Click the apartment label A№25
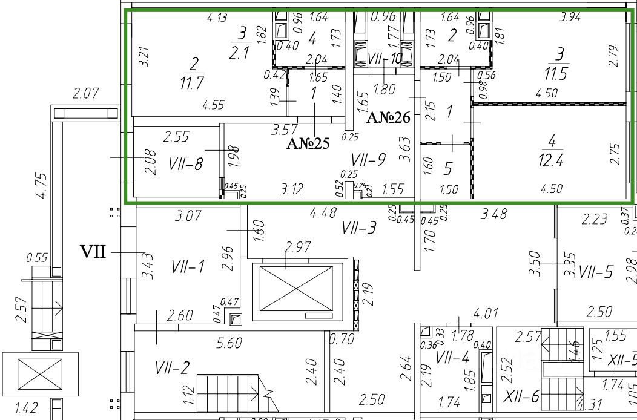point(308,143)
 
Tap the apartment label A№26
point(388,117)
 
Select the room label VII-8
point(186,163)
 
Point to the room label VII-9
point(368,160)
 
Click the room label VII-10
point(385,59)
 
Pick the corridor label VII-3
point(359,228)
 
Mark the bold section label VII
point(93,252)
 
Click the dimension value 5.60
point(228,343)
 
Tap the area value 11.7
point(191,83)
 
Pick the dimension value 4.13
point(217,18)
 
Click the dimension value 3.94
point(570,18)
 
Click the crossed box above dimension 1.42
point(40,374)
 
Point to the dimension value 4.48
point(323,213)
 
